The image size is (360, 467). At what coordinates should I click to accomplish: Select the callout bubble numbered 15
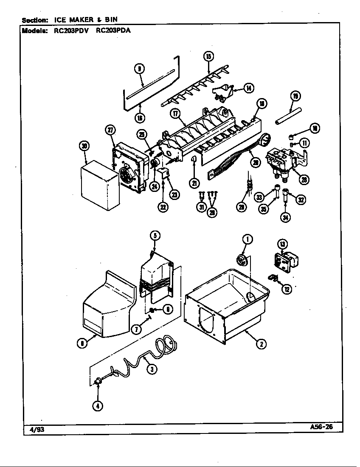point(208,56)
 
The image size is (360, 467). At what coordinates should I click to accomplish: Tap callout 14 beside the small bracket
point(248,88)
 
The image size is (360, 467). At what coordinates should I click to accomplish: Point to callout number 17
point(175,113)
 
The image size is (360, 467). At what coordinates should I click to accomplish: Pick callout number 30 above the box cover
point(85,146)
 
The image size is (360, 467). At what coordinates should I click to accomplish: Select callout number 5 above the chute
point(155,236)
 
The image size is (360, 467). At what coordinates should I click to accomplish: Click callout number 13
point(282,244)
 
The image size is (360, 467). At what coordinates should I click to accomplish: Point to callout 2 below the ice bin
point(262,344)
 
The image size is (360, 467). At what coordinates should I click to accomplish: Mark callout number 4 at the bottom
point(98,405)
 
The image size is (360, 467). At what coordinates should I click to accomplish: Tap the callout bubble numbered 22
point(163,207)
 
